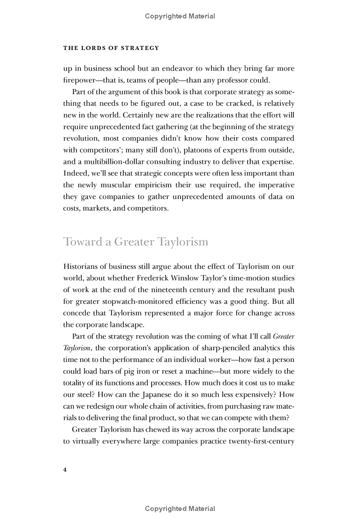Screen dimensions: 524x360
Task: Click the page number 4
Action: (65, 470)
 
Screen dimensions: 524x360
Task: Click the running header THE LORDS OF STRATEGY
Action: (111, 48)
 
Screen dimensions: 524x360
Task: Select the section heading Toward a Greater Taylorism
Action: (135, 242)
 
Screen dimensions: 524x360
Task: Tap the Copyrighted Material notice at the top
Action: (180, 16)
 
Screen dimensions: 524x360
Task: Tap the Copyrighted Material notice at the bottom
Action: (180, 509)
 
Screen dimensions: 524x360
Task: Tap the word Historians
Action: (81, 267)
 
